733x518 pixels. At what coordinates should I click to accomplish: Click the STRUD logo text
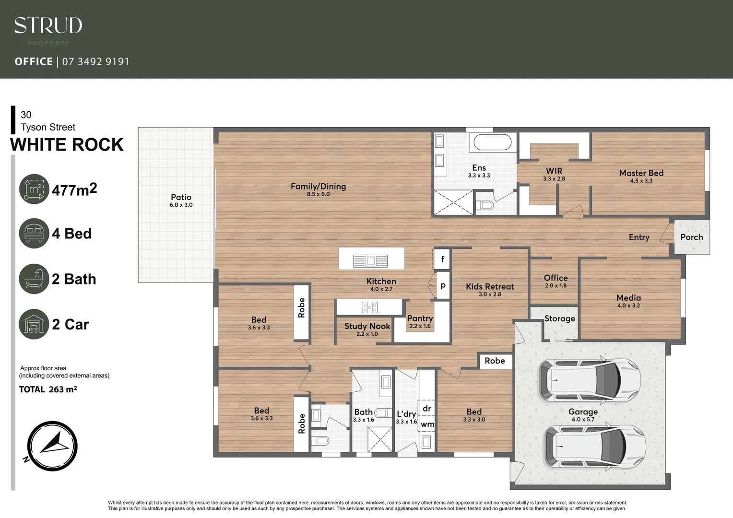[x=48, y=26]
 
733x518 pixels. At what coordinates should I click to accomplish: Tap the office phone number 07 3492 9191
[x=95, y=61]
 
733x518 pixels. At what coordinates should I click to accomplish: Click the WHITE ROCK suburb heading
[x=67, y=145]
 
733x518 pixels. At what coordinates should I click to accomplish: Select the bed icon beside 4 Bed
[x=34, y=234]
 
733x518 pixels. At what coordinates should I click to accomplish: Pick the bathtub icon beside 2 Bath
[x=34, y=279]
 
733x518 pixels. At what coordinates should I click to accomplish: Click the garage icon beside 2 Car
[x=34, y=324]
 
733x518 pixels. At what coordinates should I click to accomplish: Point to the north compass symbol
[x=52, y=446]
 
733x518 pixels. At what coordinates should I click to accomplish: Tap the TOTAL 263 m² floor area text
[x=48, y=389]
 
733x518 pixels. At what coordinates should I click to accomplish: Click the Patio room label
[x=181, y=197]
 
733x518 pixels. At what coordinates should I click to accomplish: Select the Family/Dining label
[x=318, y=187]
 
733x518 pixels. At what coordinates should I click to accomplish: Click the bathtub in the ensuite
[x=493, y=142]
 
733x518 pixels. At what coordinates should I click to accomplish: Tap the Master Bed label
[x=641, y=173]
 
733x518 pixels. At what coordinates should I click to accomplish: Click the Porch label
[x=691, y=237]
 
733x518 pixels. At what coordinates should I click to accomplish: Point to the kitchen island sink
[x=370, y=261]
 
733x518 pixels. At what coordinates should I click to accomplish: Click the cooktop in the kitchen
[x=369, y=307]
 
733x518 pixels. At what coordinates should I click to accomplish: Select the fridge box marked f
[x=442, y=259]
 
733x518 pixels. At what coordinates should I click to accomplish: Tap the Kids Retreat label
[x=489, y=287]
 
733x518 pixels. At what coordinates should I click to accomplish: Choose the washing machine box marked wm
[x=427, y=424]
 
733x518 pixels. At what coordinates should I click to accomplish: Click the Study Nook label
[x=367, y=326]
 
